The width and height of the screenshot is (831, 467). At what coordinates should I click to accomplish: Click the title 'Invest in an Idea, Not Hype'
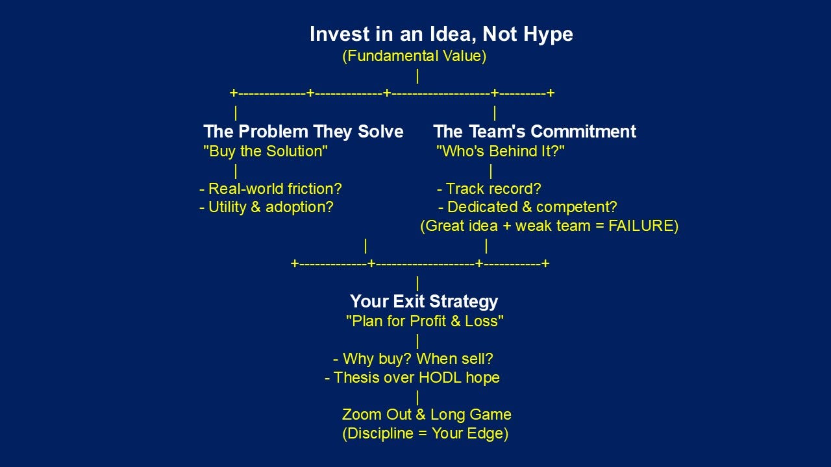(441, 34)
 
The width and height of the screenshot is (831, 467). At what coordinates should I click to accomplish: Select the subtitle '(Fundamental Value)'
(414, 56)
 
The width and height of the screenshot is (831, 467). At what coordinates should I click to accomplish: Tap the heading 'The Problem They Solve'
(303, 132)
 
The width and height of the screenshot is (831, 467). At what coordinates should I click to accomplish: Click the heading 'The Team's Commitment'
(534, 132)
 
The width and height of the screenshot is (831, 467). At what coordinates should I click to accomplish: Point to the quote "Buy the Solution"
(266, 152)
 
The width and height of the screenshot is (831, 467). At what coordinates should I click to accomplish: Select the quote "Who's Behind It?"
(500, 152)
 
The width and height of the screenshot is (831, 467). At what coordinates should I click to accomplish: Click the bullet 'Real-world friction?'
(270, 189)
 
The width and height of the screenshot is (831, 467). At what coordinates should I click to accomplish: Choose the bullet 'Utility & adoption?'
(266, 208)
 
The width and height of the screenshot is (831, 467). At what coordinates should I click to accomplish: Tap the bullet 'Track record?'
(489, 189)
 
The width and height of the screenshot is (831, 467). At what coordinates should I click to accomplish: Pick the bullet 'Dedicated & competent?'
(527, 208)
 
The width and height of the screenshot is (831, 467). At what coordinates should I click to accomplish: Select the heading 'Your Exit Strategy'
(424, 302)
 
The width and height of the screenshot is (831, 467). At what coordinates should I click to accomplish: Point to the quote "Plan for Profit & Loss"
(425, 321)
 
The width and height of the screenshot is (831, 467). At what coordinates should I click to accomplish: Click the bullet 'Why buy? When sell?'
(413, 359)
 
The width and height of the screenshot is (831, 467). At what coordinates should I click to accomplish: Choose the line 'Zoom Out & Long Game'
(427, 414)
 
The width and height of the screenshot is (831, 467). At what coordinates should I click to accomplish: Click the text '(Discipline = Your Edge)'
(425, 434)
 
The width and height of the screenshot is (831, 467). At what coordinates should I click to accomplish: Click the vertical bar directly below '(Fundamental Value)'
(417, 76)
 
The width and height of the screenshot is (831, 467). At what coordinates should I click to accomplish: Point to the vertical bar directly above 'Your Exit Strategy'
(417, 283)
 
